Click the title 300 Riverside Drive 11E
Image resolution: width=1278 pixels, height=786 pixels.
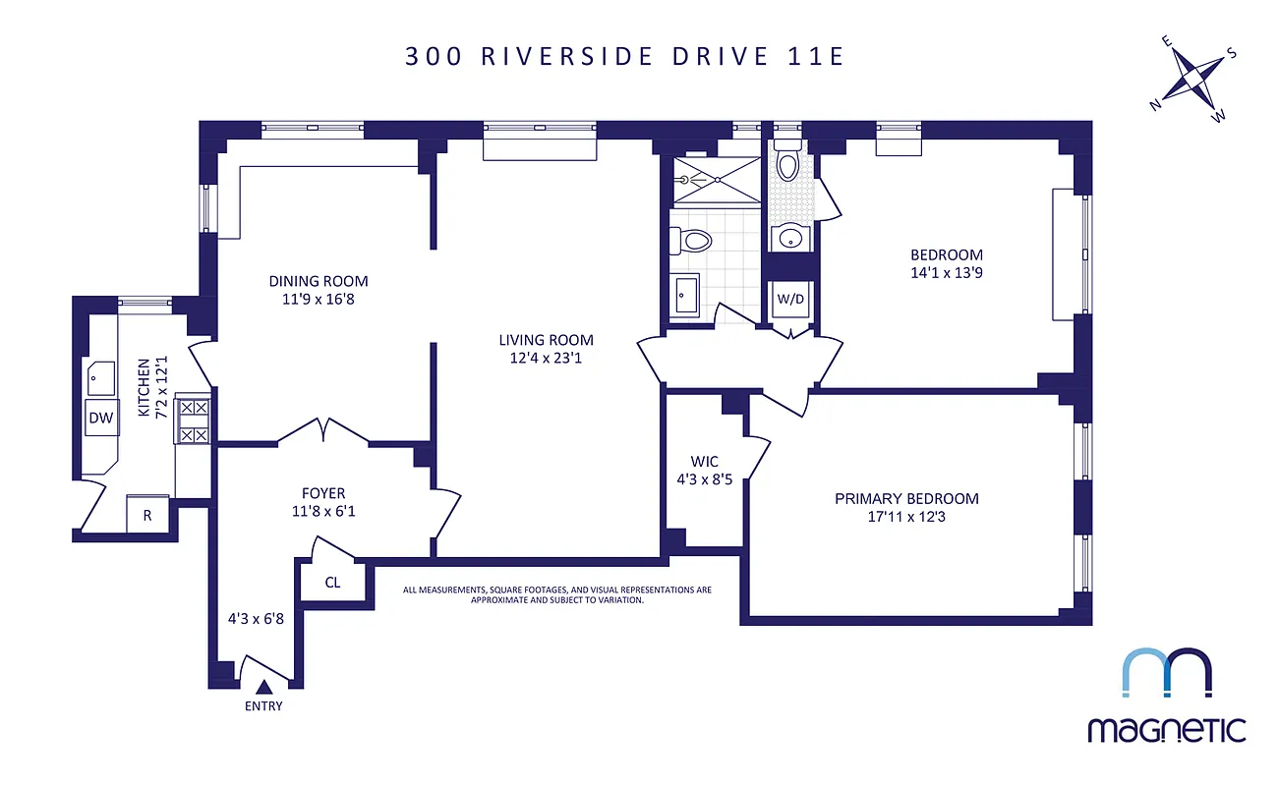point(624,56)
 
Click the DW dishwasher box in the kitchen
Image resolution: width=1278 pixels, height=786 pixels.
point(101,418)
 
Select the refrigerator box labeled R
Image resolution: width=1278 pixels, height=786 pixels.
point(147,514)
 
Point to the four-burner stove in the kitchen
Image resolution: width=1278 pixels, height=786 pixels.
point(193,420)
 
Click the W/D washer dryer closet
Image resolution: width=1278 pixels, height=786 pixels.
point(790,299)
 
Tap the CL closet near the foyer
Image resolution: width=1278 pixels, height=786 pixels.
point(332,583)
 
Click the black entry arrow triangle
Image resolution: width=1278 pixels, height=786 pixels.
point(263,688)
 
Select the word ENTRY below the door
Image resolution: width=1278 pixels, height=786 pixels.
point(262,706)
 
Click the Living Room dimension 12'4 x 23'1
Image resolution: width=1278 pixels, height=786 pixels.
point(546,360)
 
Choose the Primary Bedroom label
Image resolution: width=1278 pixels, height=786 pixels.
point(906,498)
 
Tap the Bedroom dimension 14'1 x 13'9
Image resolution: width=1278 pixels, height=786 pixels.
point(946,273)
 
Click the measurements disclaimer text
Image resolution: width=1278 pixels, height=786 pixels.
point(557,594)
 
